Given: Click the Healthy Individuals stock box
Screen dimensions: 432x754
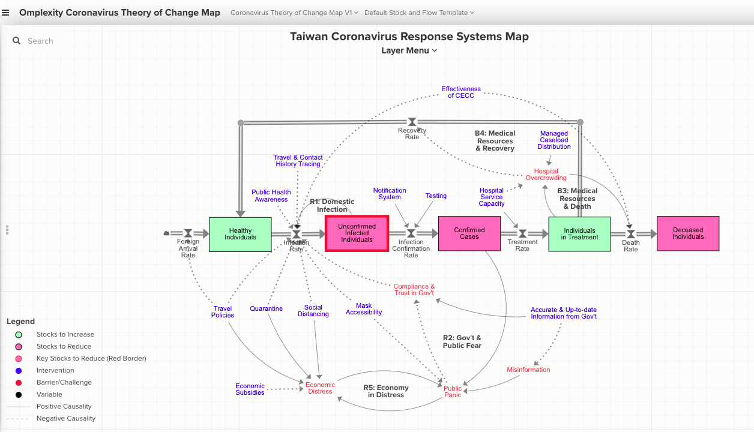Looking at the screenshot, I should pos(240,234).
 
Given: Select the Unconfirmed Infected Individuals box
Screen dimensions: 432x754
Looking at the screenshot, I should pos(357,233).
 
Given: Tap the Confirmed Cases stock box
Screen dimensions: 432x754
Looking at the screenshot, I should pos(469,233).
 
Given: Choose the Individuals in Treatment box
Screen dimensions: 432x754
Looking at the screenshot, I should pos(579,234).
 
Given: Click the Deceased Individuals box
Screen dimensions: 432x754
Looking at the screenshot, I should pos(688,233).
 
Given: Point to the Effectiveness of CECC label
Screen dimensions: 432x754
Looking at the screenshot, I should pos(461,92).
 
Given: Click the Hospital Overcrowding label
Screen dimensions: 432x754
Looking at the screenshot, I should pos(546,175).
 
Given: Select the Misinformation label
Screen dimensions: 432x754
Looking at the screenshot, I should pos(528,370).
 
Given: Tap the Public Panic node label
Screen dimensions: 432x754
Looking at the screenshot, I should pos(453,392).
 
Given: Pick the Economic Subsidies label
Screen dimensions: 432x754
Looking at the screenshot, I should pos(250,389).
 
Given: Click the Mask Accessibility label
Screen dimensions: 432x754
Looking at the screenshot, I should pos(364,309).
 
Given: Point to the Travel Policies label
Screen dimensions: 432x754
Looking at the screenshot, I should pos(223,312).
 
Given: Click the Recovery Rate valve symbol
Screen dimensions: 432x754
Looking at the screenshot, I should pos(412,122).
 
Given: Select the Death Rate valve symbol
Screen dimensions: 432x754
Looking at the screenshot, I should pos(630,233).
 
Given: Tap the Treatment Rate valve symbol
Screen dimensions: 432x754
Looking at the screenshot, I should pos(522,233).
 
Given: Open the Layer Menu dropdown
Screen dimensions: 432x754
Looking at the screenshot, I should pos(409,50).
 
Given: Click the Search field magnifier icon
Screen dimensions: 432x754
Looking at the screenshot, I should pos(17,41).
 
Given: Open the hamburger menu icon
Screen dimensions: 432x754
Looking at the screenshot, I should pos(6,13).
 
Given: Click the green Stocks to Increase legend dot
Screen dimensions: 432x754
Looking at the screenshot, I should pos(19,335).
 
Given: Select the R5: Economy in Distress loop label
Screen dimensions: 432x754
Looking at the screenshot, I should pos(386,391).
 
